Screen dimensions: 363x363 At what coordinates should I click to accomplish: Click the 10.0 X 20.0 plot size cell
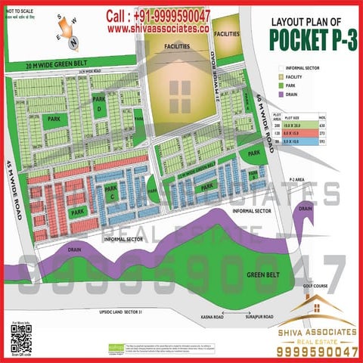coord(301,126)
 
